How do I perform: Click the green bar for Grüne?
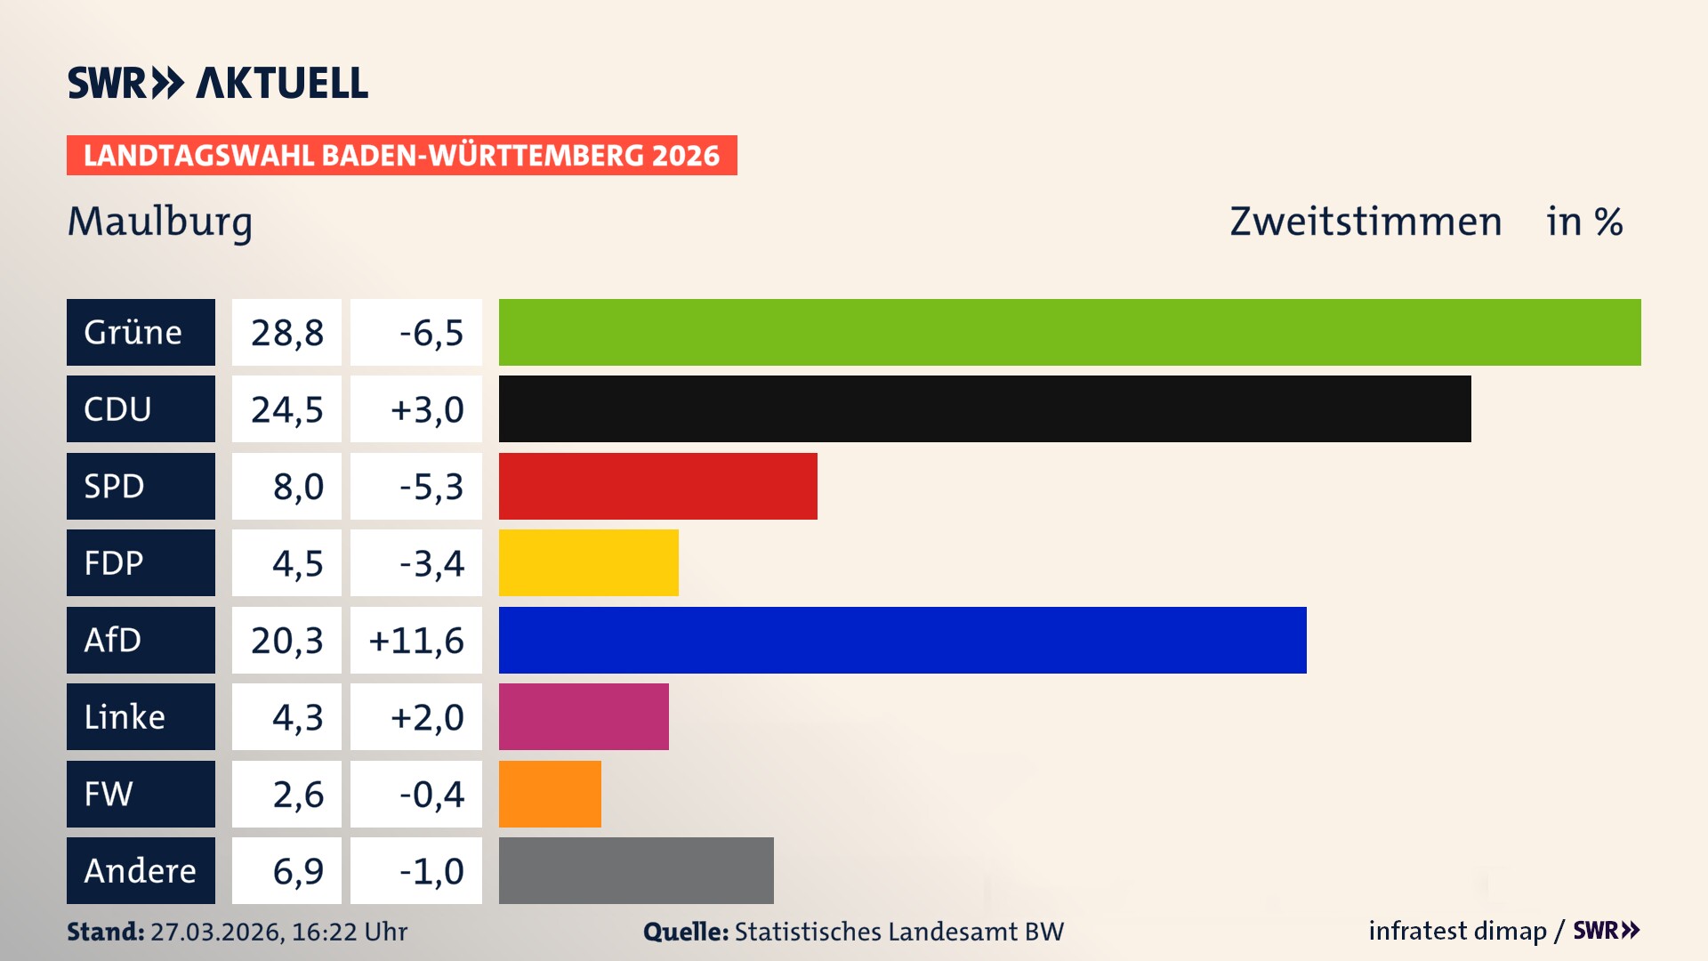1069,332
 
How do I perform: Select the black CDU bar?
984,409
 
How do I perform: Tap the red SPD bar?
657,486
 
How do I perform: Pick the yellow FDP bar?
588,562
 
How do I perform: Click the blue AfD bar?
902,640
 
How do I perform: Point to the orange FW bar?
550,794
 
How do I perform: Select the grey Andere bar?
636,870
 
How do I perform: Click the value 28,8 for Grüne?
286,333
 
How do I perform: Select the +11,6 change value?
416,641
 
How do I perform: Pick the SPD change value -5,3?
431,487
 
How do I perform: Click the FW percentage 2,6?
298,795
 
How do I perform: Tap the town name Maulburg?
160,222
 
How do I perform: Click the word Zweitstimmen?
1366,222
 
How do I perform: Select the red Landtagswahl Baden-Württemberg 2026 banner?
401,156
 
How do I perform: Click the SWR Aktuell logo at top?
218,83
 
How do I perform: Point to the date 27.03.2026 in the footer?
216,932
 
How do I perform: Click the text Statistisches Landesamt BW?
898,932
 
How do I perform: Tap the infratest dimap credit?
1457,931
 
